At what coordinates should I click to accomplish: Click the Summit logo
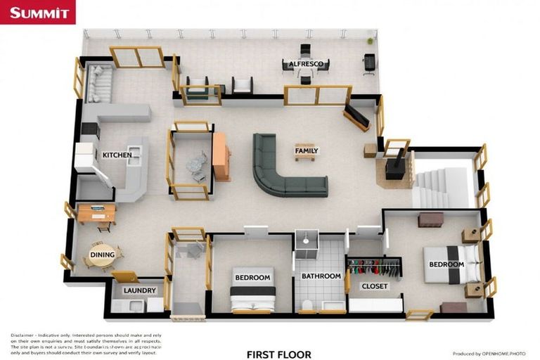coord(38,12)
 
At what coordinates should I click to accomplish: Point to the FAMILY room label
coord(306,150)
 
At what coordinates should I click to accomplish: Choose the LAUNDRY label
coord(139,290)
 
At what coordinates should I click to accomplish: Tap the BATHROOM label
coord(321,276)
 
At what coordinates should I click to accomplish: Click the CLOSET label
coord(374,286)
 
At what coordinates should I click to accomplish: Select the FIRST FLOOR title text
coord(278,354)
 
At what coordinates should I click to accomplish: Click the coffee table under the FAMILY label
coord(305,155)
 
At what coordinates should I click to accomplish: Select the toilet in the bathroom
coord(307,304)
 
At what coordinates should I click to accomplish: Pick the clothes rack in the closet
coord(374,267)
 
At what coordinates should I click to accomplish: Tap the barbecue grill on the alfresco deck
coord(369,63)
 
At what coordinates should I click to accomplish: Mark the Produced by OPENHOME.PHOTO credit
coord(488,354)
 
